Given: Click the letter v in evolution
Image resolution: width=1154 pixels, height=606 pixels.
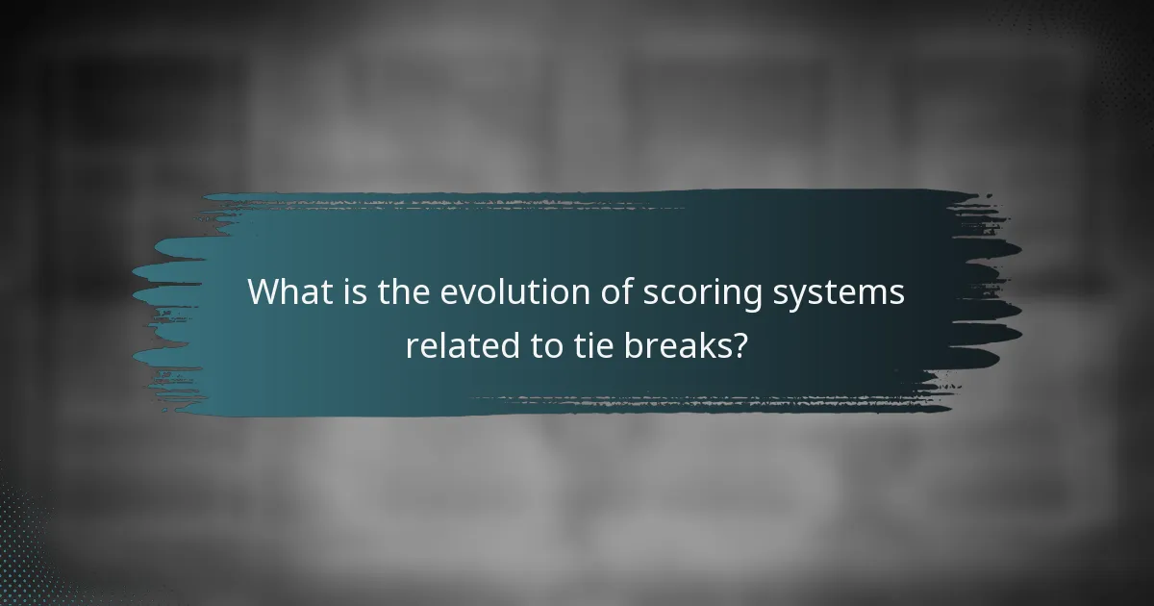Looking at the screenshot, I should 468,294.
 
